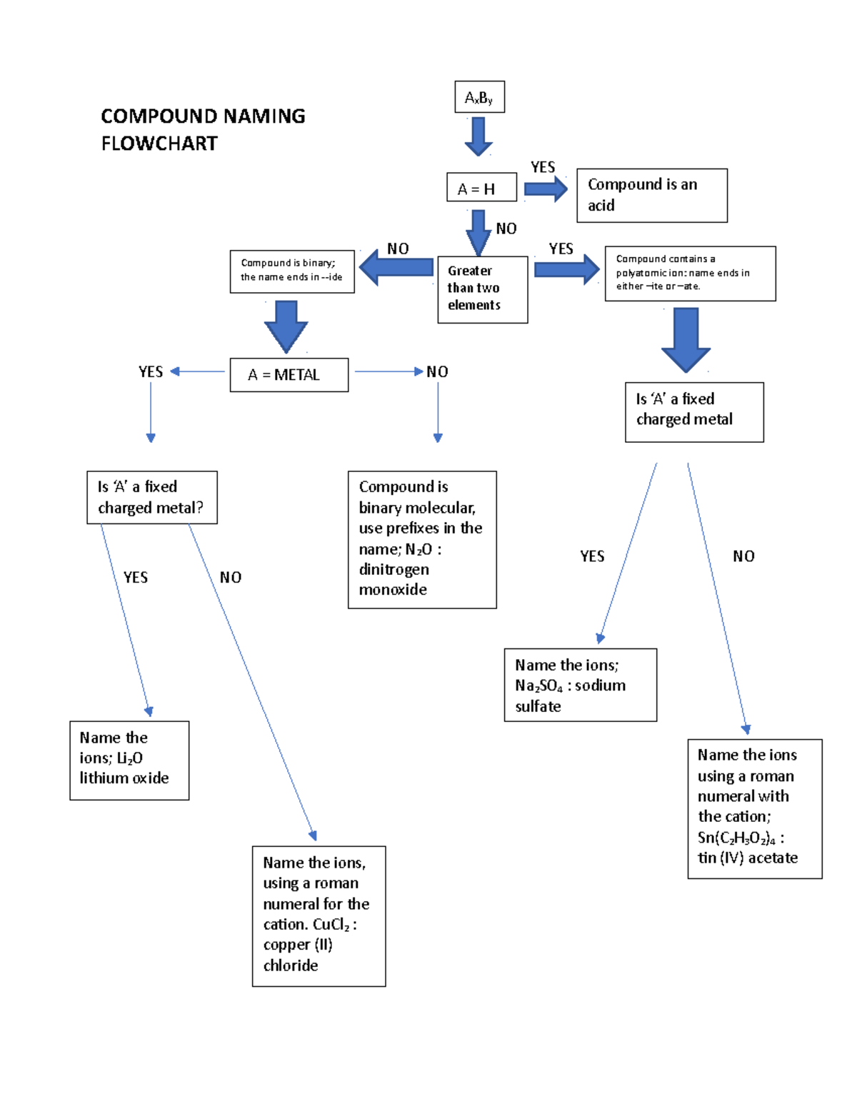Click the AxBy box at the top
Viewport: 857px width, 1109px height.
click(479, 97)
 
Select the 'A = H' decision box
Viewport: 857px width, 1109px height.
click(481, 188)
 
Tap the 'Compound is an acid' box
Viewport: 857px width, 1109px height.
click(651, 195)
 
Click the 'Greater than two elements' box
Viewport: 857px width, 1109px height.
click(482, 289)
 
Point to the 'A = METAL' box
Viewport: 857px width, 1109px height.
click(289, 375)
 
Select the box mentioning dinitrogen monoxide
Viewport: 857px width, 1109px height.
click(421, 539)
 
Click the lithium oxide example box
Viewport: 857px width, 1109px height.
click(129, 760)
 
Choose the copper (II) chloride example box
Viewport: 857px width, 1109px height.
click(319, 915)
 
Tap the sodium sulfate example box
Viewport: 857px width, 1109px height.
click(580, 685)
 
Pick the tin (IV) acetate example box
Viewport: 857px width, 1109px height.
click(754, 808)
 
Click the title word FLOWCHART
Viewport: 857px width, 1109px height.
click(159, 144)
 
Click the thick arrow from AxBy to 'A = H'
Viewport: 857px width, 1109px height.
click(478, 136)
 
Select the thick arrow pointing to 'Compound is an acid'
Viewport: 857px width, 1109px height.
click(546, 189)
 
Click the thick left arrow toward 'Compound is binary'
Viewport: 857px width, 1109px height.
click(396, 268)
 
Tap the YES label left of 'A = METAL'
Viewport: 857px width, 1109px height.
click(151, 371)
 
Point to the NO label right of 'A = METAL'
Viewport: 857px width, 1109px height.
click(437, 371)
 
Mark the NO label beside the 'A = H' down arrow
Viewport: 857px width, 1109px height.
click(506, 229)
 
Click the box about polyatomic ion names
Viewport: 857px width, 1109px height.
click(690, 274)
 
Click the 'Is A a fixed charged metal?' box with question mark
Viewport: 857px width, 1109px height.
click(151, 497)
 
